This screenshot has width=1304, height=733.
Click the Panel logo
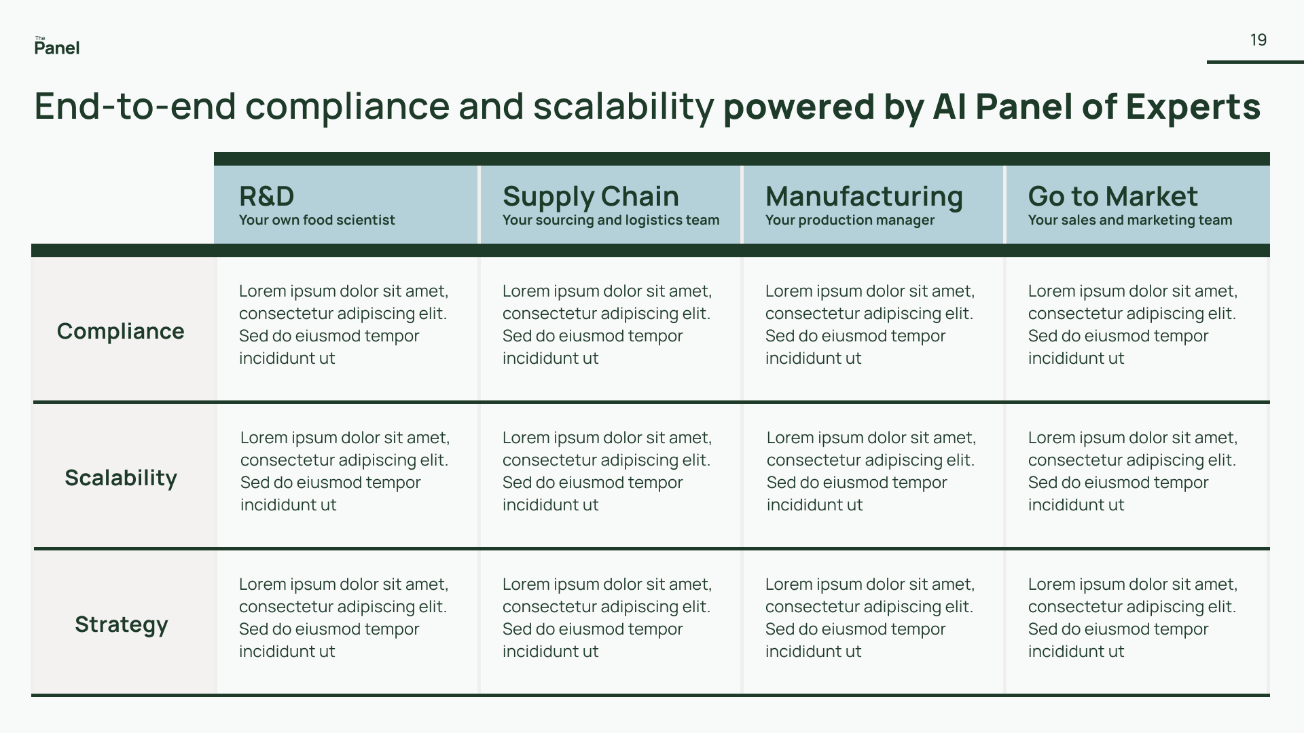point(57,46)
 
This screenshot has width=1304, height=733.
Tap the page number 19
point(1258,40)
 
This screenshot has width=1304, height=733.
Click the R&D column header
point(266,196)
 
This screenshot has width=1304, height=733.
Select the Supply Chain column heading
point(590,196)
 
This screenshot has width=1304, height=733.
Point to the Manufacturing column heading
point(864,196)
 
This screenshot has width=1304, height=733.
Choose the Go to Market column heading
point(1112,196)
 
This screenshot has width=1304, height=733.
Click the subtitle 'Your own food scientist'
point(316,220)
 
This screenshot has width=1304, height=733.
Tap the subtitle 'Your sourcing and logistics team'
point(611,220)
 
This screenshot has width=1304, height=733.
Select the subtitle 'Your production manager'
point(850,220)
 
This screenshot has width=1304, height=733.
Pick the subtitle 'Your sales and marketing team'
point(1129,220)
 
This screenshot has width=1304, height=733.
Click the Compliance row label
point(121,331)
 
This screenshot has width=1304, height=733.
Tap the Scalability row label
point(121,478)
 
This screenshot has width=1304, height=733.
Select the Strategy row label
point(121,624)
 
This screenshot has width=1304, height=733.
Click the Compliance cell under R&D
point(344,324)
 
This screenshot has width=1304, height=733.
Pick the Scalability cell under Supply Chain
point(607,471)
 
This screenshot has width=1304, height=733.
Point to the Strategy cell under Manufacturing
point(870,618)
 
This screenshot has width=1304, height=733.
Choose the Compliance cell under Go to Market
point(1133,324)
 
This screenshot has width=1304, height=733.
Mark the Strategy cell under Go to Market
point(1133,618)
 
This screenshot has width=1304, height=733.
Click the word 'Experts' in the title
point(1193,107)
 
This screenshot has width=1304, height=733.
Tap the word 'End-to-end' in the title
point(135,107)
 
